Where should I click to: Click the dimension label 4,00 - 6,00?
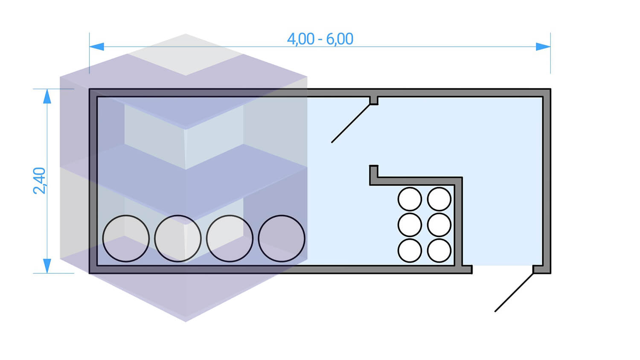pyautogui.click(x=320, y=39)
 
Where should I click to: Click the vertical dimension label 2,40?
pyautogui.click(x=39, y=181)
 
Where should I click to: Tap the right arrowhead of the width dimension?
pyautogui.click(x=543, y=46)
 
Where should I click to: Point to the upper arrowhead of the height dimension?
pyautogui.click(x=47, y=96)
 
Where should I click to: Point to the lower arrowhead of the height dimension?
pyautogui.click(x=47, y=265)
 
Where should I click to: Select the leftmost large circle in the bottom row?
pyautogui.click(x=126, y=238)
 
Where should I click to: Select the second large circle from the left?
pyautogui.click(x=177, y=238)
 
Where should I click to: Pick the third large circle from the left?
pyautogui.click(x=230, y=238)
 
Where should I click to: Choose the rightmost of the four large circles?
pyautogui.click(x=282, y=238)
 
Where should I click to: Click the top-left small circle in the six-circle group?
pyautogui.click(x=410, y=199)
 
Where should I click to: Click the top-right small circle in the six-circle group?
pyautogui.click(x=439, y=199)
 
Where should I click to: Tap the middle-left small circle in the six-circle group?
pyautogui.click(x=410, y=225)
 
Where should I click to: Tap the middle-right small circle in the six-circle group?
pyautogui.click(x=439, y=225)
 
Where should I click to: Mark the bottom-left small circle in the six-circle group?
pyautogui.click(x=410, y=250)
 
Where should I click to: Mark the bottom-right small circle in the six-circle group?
pyautogui.click(x=439, y=250)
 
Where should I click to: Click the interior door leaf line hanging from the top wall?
pyautogui.click(x=351, y=123)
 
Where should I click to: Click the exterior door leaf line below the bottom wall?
pyautogui.click(x=514, y=292)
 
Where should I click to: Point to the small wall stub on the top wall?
pyautogui.click(x=373, y=101)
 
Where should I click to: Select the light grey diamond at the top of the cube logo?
pyautogui.click(x=186, y=55)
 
